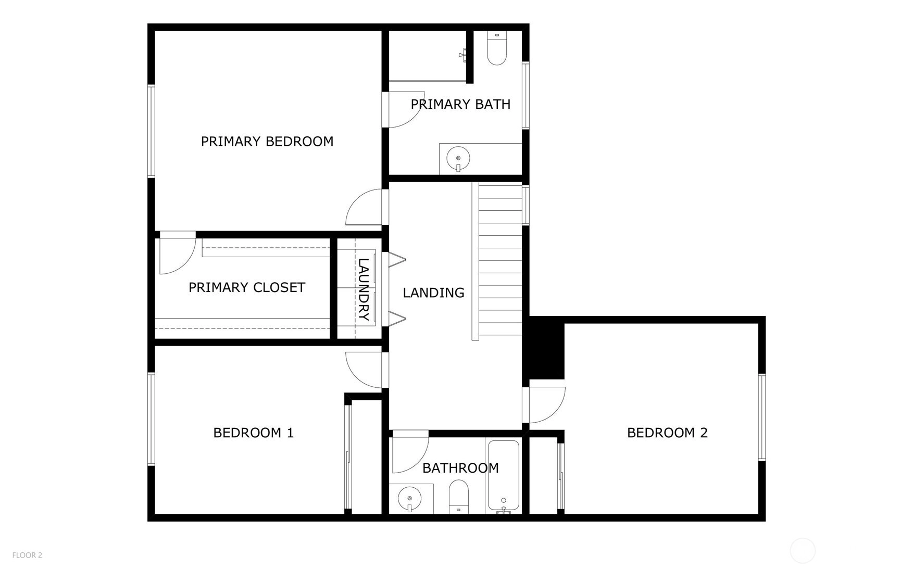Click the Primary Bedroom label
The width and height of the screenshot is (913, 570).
[267, 142]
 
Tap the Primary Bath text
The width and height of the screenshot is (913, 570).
[460, 104]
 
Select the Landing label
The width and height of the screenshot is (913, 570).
[433, 293]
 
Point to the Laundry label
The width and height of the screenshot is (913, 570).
[364, 289]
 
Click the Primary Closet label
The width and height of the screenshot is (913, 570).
[247, 287]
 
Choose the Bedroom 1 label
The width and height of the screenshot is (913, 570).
[254, 433]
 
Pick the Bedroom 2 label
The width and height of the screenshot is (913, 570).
[667, 433]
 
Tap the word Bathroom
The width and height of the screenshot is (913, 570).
[460, 468]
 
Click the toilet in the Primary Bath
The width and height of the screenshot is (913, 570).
[497, 48]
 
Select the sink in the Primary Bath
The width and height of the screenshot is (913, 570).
[458, 158]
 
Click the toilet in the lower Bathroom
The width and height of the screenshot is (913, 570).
[458, 497]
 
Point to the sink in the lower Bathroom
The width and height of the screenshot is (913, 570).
[410, 499]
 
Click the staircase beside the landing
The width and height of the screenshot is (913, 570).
[497, 260]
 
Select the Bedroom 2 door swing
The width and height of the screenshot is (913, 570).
[547, 405]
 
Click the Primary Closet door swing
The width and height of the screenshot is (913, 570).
[178, 256]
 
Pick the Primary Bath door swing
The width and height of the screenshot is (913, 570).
[404, 110]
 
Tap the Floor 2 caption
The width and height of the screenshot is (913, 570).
[27, 555]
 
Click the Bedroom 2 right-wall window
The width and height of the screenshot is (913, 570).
[762, 417]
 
